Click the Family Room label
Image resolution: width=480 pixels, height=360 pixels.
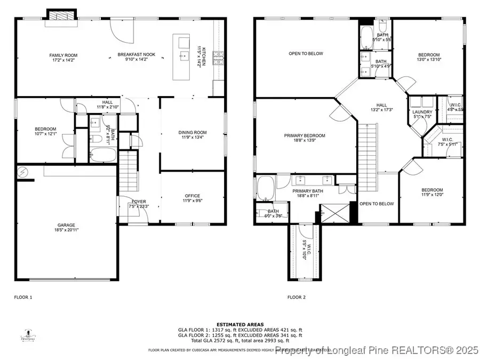tap(63, 55)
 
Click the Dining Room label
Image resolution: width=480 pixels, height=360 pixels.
tap(193, 133)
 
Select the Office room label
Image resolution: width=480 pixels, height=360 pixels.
tap(193, 196)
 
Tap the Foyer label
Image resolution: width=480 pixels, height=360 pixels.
tap(139, 201)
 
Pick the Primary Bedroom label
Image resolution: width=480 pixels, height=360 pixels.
tap(305, 135)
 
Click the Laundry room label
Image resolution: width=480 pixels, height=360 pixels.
tap(422, 112)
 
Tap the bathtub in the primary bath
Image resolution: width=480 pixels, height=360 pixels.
tap(266, 188)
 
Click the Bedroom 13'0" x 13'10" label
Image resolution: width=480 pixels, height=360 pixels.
tap(429, 55)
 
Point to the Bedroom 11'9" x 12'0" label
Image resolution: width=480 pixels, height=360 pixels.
tap(432, 190)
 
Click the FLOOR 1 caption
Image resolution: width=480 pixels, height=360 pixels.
tap(23, 297)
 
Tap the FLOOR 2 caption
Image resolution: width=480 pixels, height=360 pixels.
tap(297, 297)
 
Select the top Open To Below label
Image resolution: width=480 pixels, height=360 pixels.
tap(306, 53)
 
